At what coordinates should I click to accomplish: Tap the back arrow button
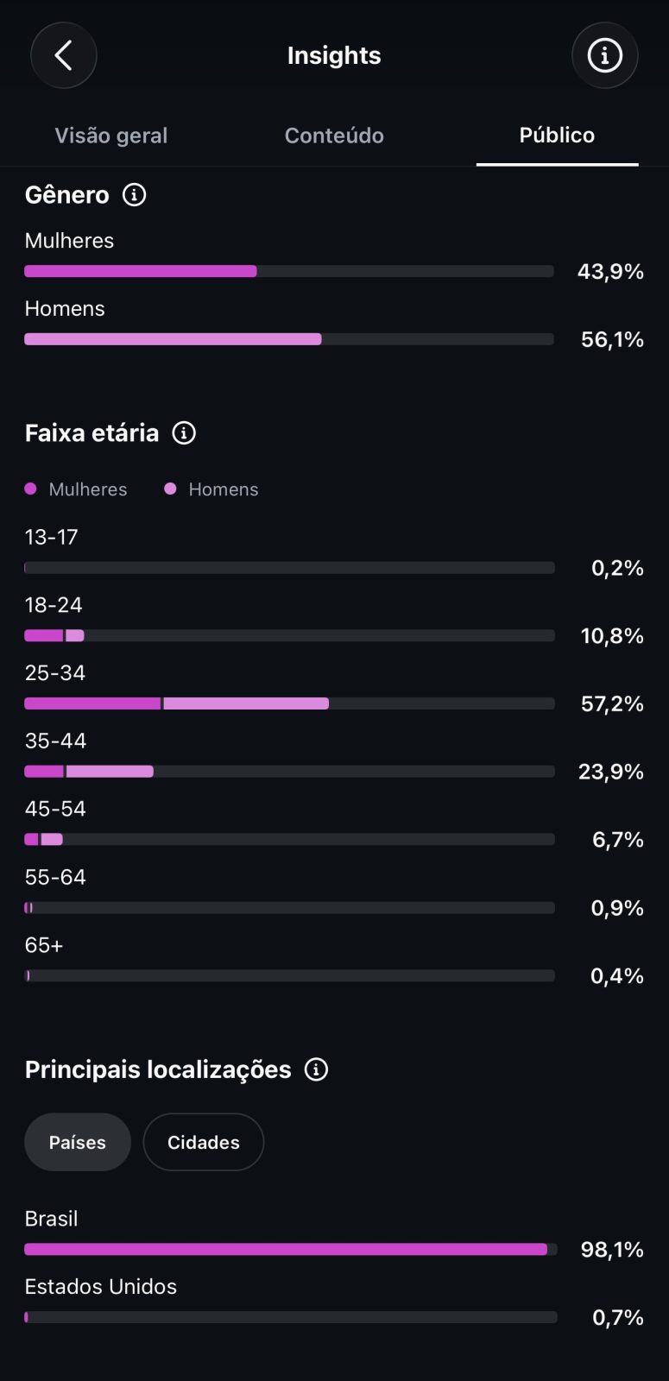64,55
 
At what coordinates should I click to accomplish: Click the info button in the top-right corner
604,55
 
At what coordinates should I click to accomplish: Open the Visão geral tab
111,136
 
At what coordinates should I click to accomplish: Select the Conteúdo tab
334,136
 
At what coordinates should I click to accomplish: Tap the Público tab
557,135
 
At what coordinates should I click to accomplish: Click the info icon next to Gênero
135,195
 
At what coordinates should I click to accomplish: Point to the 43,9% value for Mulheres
610,271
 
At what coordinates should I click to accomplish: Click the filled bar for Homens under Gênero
173,339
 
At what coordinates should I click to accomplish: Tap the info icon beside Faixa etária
184,432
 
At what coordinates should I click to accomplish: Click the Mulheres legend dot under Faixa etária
30,489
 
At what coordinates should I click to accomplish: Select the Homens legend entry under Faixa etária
211,489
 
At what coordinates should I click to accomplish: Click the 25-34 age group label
55,672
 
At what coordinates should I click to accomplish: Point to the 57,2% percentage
612,703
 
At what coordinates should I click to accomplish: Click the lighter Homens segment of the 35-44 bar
110,772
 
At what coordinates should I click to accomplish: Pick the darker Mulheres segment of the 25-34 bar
92,703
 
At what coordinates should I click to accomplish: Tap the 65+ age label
44,945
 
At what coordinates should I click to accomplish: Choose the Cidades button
204,1143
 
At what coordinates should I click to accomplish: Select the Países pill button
78,1143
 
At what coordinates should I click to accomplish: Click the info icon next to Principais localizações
316,1069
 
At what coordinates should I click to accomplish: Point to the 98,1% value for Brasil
612,1250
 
